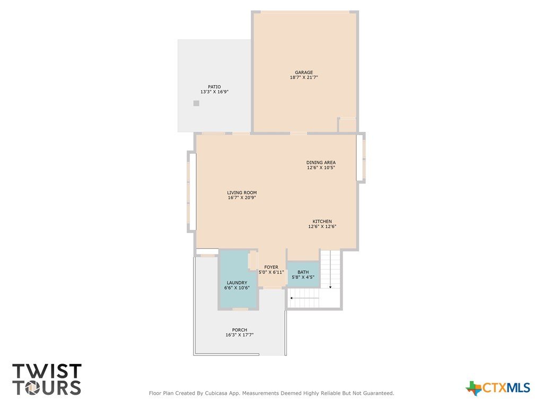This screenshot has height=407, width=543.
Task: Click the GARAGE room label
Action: pos(304,72)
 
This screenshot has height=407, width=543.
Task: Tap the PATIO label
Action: pos(214,87)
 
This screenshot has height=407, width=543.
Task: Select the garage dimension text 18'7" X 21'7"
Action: pos(304,77)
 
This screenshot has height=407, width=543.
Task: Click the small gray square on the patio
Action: pos(196,103)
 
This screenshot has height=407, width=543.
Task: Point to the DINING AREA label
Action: pos(321,162)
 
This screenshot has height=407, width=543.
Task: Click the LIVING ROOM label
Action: pos(242,193)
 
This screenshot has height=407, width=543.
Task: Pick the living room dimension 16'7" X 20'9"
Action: pos(242,198)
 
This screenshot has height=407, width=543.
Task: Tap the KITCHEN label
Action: pos(322,222)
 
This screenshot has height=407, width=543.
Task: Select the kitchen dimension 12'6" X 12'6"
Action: pos(322,227)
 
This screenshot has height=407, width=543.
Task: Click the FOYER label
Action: pos(271,267)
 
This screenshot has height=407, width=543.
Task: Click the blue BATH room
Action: pos(303,274)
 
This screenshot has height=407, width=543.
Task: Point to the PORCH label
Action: pos(240,330)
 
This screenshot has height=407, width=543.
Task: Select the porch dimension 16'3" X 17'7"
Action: pos(240,335)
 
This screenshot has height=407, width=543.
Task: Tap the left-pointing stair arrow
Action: pos(304,298)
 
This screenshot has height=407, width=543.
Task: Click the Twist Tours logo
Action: pos(47,379)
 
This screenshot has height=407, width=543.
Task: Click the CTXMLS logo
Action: pos(497,388)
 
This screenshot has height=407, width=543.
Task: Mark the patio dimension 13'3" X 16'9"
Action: pos(214,92)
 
